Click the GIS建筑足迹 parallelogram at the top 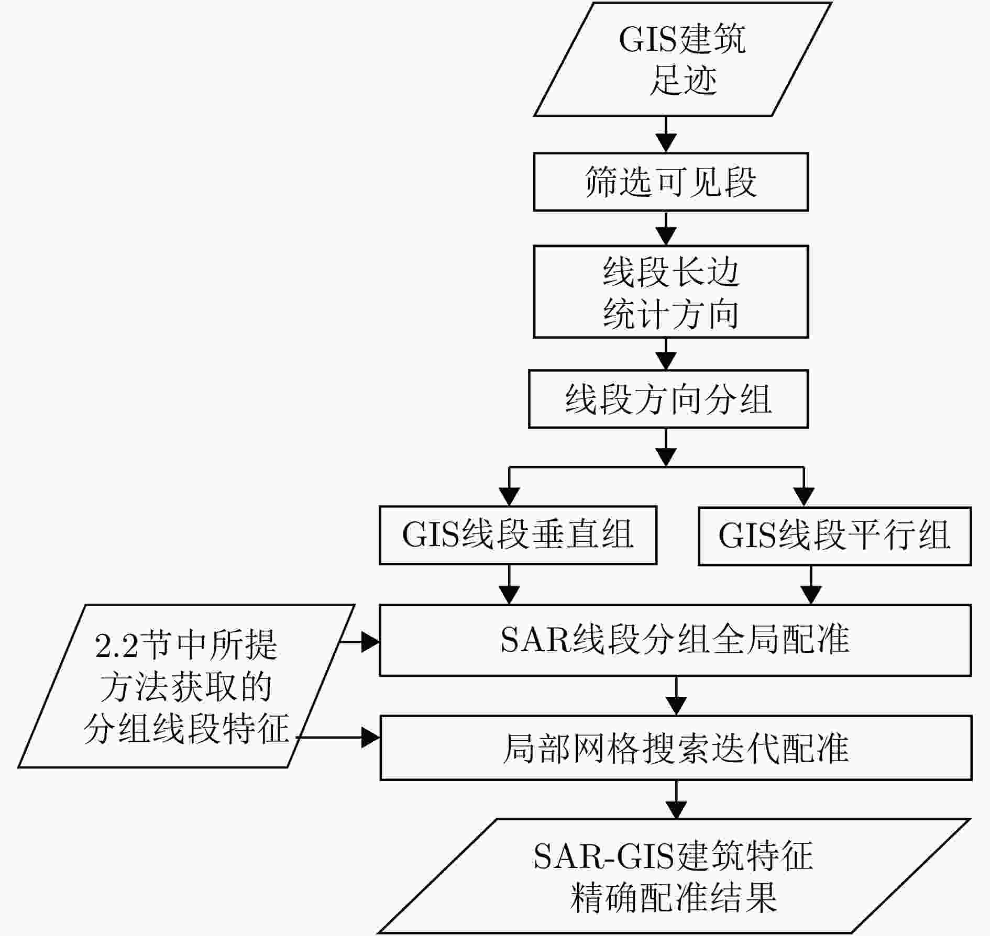(x=683, y=59)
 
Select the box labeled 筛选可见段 (x=670, y=182)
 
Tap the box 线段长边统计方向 (x=670, y=292)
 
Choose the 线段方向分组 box (x=668, y=399)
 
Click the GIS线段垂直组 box (x=518, y=535)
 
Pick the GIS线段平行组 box (x=834, y=536)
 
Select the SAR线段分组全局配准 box (x=675, y=640)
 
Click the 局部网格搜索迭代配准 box (x=676, y=748)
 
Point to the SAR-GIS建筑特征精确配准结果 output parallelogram (x=674, y=876)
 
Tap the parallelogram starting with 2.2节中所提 (x=186, y=686)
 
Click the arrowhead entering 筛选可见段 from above (x=666, y=143)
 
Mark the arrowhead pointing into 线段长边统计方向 (x=666, y=236)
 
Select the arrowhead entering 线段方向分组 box (x=666, y=361)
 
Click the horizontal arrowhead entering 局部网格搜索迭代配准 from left (x=370, y=738)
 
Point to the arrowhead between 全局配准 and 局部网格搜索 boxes (x=677, y=706)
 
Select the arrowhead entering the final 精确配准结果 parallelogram (x=677, y=809)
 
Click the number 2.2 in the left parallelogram (x=116, y=645)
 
